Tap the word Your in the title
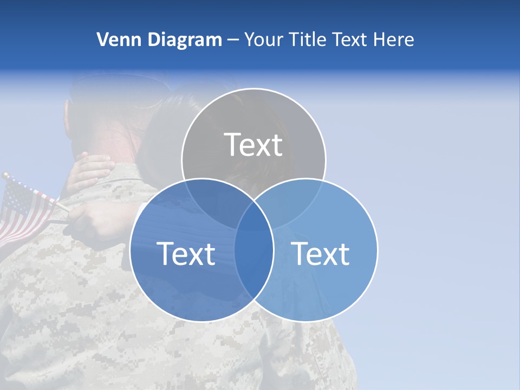[261, 40]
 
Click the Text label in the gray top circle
[253, 145]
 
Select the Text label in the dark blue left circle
[186, 253]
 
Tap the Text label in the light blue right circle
[321, 253]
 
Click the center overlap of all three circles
[253, 214]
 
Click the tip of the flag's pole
[4, 175]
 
